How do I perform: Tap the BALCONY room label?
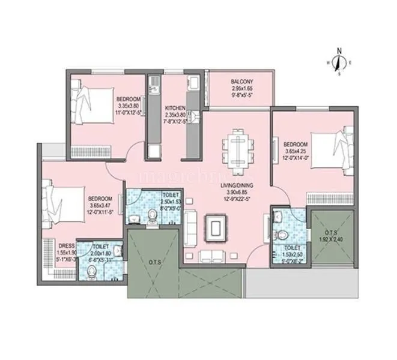(241, 82)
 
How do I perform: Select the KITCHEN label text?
(175, 109)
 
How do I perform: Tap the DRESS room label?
(66, 245)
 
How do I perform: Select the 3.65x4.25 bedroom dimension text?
(295, 151)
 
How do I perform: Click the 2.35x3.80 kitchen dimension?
(175, 115)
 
